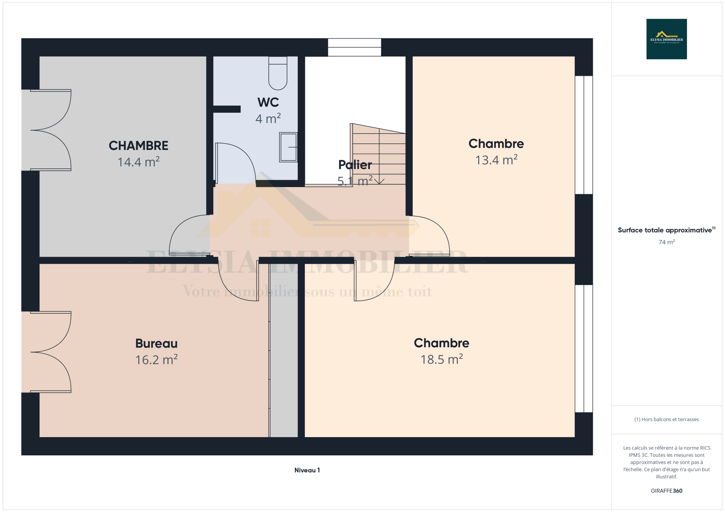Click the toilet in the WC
coord(278,73)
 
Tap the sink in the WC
coord(288,147)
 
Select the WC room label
coord(268,102)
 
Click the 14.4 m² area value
coord(138,162)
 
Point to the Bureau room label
coord(156,343)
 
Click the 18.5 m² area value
coord(441,359)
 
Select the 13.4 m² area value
coord(496,160)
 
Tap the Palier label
coord(355,165)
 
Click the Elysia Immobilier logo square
coord(667,39)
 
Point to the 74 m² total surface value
coord(667,242)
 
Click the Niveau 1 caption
coord(307,470)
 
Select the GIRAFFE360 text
coord(667,491)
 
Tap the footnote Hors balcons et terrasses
coord(667,419)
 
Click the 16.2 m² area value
coord(156,360)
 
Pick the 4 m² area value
coord(268,118)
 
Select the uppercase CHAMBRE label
coord(138,146)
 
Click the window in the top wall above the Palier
coord(354,47)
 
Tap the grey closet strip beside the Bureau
coord(284,350)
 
